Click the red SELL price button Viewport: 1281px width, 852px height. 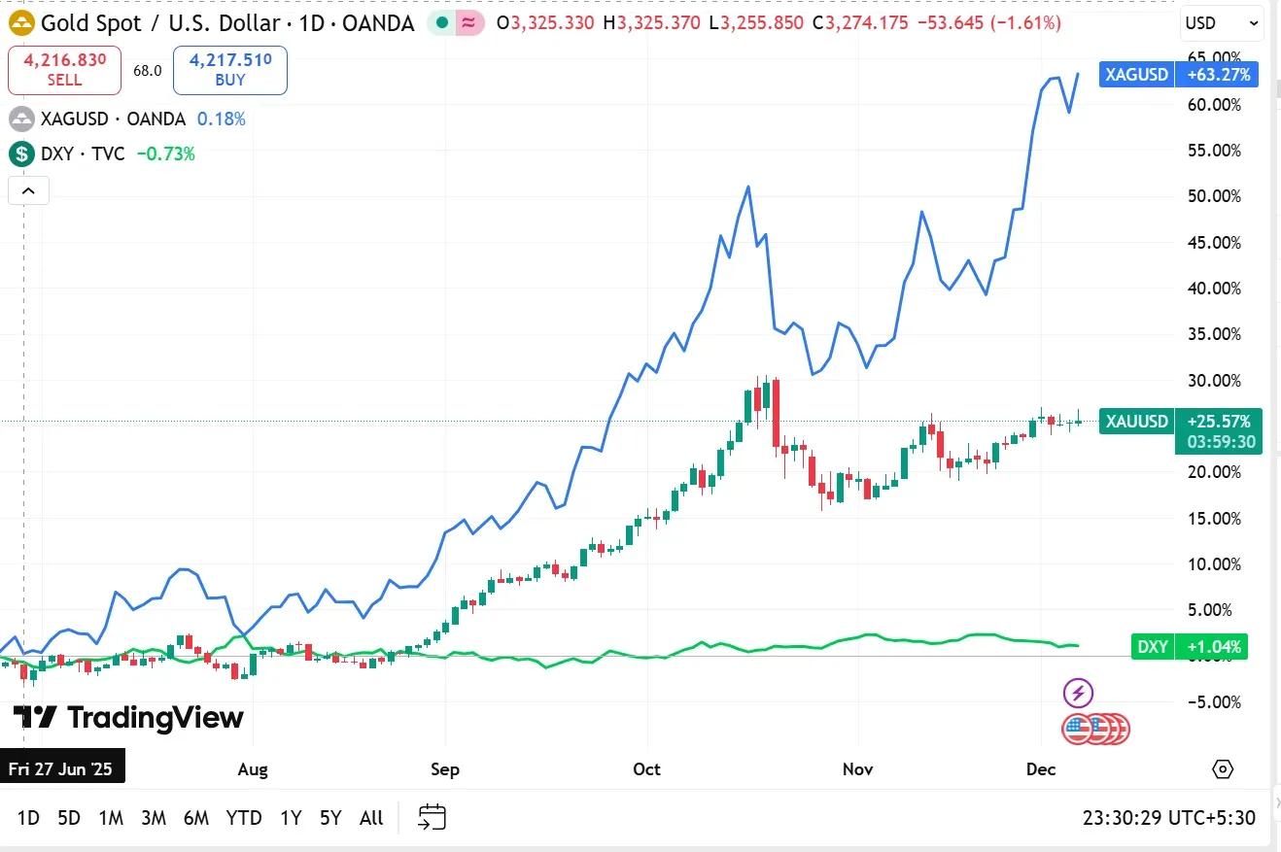[x=64, y=70]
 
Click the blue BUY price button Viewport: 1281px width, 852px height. [x=230, y=70]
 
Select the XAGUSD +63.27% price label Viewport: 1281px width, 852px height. [x=1179, y=74]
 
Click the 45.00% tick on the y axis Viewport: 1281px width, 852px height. [x=1214, y=242]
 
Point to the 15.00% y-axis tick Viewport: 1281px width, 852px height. [x=1214, y=518]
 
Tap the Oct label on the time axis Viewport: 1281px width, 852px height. [x=646, y=769]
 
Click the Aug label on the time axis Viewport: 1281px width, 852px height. [x=253, y=769]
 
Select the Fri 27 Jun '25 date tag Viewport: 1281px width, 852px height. [x=61, y=769]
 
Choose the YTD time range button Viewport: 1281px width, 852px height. [x=244, y=818]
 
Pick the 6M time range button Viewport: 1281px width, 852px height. [x=196, y=818]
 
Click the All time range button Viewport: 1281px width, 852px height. [x=371, y=818]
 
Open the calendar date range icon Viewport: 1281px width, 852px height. [x=432, y=817]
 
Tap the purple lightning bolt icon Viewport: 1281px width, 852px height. [x=1078, y=693]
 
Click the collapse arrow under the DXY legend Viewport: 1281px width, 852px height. [x=28, y=190]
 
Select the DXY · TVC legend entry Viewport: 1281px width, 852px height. [x=83, y=153]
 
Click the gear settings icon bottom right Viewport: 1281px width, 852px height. [x=1223, y=769]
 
